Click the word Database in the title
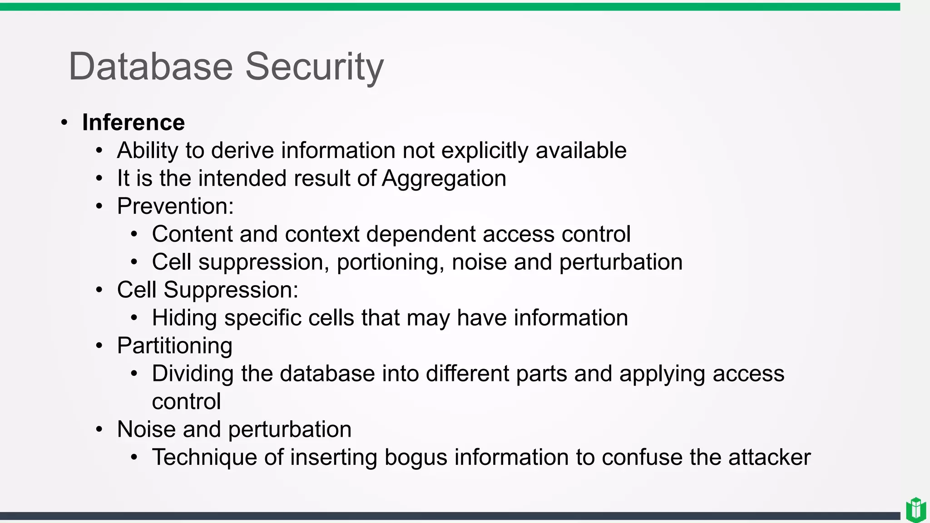pyautogui.click(x=150, y=66)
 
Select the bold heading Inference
pyautogui.click(x=133, y=123)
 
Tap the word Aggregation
pyautogui.click(x=444, y=178)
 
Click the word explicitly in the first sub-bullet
pyautogui.click(x=485, y=151)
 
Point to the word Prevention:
pyautogui.click(x=175, y=206)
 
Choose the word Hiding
pyautogui.click(x=184, y=318)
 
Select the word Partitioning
pyautogui.click(x=174, y=346)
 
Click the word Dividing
pyautogui.click(x=193, y=374)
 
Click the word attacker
pyautogui.click(x=769, y=457)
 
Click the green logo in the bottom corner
pyautogui.click(x=916, y=510)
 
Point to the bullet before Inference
pyautogui.click(x=64, y=123)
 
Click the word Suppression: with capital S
pyautogui.click(x=231, y=290)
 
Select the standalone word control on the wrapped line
pyautogui.click(x=186, y=402)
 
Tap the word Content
pyautogui.click(x=192, y=234)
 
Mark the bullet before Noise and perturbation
pyautogui.click(x=99, y=429)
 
